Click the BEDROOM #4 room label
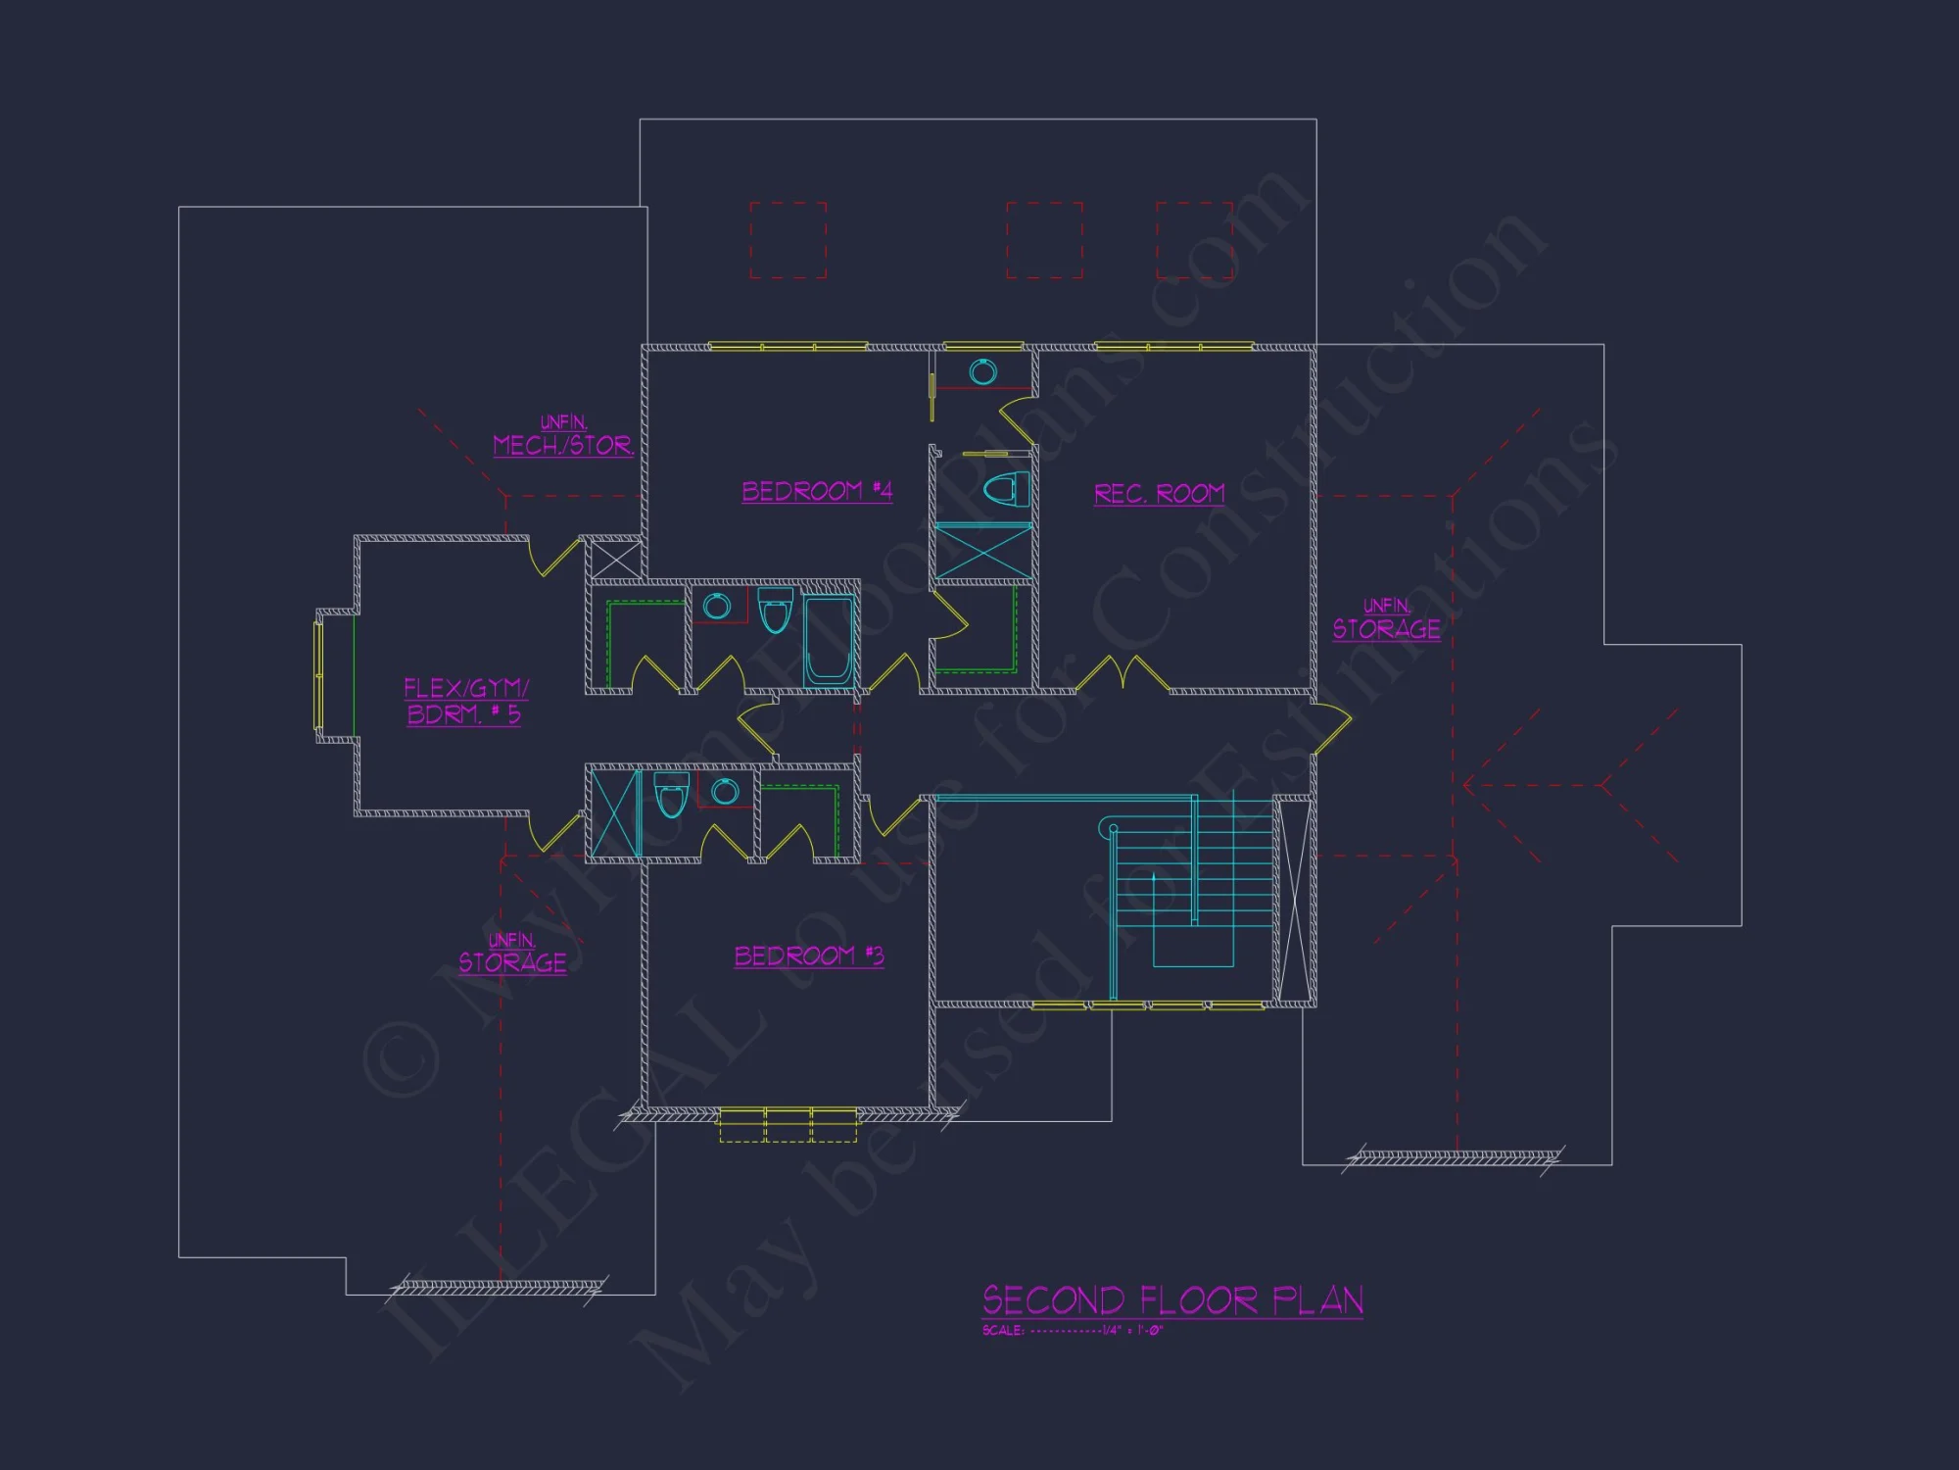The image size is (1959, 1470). pos(817,491)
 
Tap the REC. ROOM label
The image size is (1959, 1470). pos(1159,493)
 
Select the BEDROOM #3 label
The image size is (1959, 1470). pos(809,955)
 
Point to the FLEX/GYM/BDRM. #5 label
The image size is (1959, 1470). pos(465,701)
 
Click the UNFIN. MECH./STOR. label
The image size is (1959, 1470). pos(563,437)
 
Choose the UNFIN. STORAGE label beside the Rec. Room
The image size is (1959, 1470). pos(1386,620)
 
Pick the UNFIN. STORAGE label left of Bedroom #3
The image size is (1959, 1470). pos(512,955)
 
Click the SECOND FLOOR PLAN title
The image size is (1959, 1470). pos(1172,1300)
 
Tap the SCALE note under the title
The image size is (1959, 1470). pos(1073,1331)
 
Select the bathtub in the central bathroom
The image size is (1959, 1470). pos(831,639)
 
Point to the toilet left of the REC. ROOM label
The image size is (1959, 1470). pos(1007,487)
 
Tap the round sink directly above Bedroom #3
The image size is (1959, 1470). pos(725,791)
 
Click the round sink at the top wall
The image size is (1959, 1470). pos(982,371)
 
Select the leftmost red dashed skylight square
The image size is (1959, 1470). pos(788,240)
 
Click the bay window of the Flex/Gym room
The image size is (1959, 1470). pos(318,675)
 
